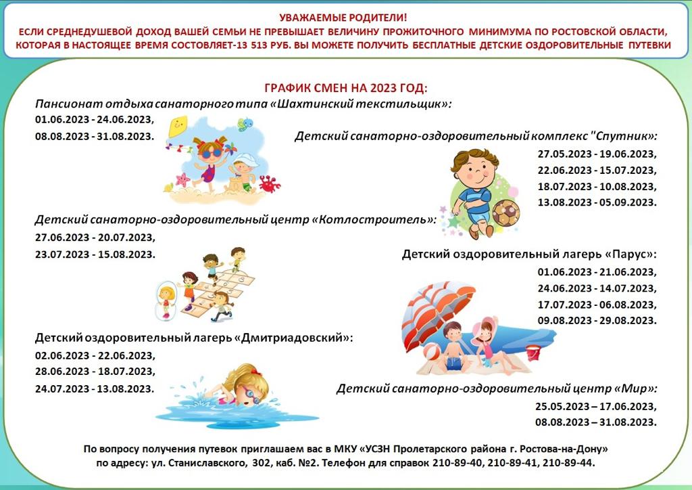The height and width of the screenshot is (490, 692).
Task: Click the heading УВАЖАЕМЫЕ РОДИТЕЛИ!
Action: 345,18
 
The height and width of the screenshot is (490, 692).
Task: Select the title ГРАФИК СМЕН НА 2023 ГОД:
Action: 345,89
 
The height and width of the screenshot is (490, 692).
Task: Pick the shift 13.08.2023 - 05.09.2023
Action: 596,202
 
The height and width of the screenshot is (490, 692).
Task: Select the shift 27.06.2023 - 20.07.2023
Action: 95,238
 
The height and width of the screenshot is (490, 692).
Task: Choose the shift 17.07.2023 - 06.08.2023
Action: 596,305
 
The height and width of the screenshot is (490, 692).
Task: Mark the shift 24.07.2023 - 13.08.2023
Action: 95,389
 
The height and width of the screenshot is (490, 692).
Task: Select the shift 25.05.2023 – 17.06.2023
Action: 595,407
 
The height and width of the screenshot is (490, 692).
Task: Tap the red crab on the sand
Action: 269,183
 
